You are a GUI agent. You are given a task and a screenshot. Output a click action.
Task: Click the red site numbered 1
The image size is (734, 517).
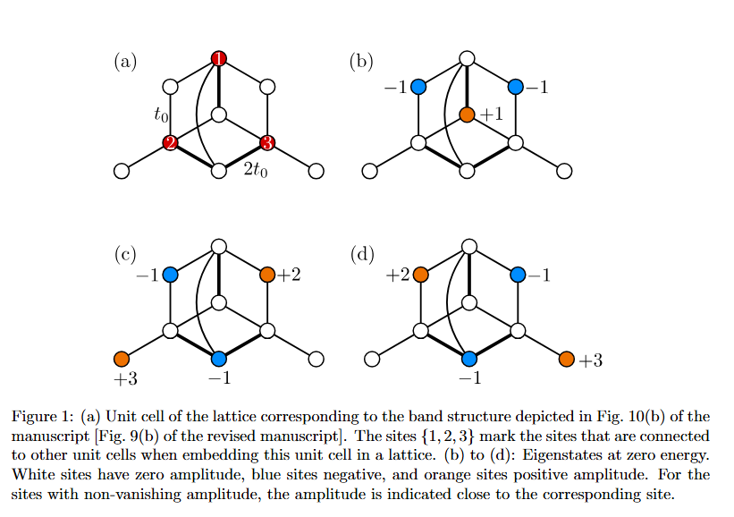point(219,59)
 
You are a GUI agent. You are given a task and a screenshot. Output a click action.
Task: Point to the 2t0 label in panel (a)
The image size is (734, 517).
point(254,170)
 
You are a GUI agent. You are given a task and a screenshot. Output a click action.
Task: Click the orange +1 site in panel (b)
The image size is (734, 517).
point(466,114)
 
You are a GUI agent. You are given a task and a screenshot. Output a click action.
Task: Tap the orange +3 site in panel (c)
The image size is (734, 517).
point(122,359)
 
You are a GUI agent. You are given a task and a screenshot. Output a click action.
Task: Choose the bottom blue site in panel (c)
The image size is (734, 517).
point(219,359)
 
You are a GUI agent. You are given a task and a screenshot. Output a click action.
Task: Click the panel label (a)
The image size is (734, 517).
point(124,62)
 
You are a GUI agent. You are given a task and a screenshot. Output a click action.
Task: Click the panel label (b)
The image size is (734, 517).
point(361,62)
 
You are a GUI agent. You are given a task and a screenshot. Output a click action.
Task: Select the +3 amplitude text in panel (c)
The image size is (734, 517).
point(125,379)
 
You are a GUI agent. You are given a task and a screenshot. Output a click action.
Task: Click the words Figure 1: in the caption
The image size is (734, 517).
point(41,417)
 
